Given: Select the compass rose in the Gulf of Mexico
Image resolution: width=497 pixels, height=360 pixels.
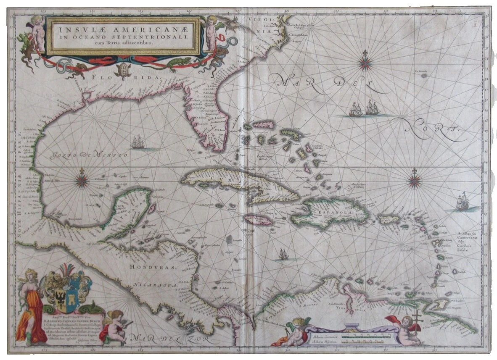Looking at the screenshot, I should (x=82, y=181).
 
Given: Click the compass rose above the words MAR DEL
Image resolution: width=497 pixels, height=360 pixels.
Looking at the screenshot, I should (x=365, y=63).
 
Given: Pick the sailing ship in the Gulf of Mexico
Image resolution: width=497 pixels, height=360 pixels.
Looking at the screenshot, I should (x=137, y=143).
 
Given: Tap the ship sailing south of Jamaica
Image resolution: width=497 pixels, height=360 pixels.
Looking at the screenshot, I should (x=283, y=254).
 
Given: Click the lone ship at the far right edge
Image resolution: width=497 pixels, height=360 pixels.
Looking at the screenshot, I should (x=462, y=202).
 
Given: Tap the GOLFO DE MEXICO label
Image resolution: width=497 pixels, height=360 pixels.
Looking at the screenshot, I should (x=91, y=155).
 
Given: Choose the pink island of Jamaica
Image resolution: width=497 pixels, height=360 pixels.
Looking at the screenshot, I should (x=258, y=220).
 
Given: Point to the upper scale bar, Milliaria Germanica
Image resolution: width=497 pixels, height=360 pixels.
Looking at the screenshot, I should (x=362, y=335).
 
